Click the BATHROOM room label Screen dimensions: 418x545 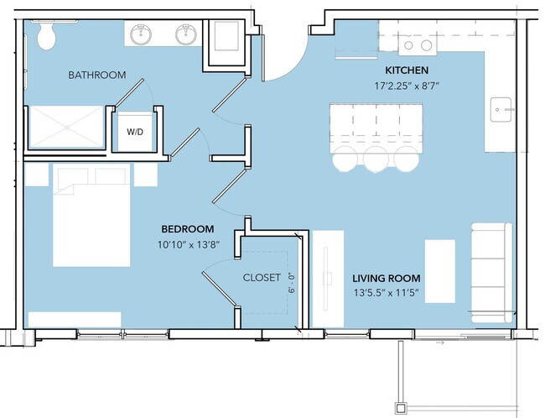click(x=97, y=76)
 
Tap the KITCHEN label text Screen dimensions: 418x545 click(x=407, y=70)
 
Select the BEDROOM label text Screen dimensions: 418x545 click(x=187, y=229)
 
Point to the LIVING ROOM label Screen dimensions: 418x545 click(x=386, y=279)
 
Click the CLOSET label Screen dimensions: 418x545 click(x=262, y=278)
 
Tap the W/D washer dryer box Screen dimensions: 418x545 click(x=134, y=133)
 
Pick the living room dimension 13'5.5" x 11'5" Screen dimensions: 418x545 click(x=386, y=294)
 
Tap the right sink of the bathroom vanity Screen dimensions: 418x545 click(x=185, y=35)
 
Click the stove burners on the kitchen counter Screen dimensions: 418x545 click(x=417, y=44)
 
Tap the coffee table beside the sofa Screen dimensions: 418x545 click(x=440, y=271)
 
